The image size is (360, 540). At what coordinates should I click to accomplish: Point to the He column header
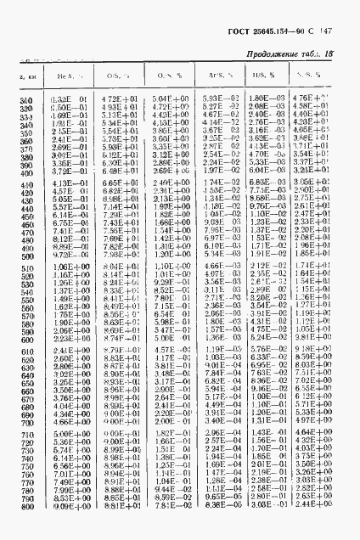pyautogui.click(x=65, y=76)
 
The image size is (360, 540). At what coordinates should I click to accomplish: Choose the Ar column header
pyautogui.click(x=216, y=76)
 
